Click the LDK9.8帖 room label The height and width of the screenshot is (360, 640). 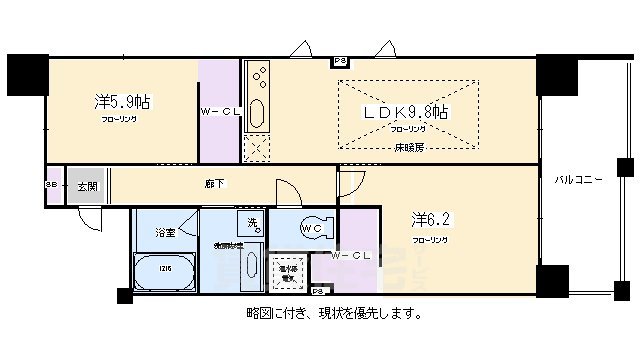pos(406,112)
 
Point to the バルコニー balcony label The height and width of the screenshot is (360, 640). pos(579,180)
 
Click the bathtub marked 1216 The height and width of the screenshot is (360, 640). pos(164,271)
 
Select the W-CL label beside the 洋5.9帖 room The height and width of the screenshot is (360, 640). pos(220,111)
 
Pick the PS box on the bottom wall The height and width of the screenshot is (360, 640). pos(318,291)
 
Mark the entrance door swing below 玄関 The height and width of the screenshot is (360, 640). pos(88,218)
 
